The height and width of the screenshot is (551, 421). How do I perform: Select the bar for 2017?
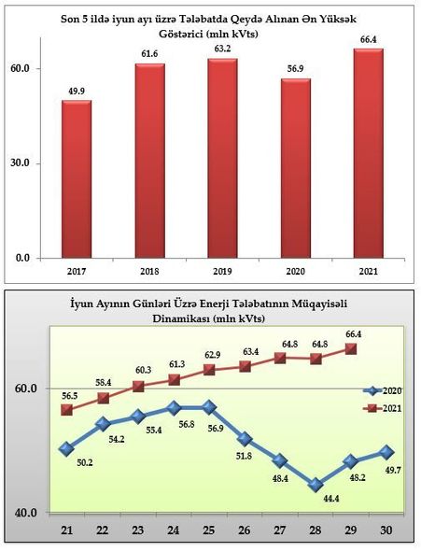[x=77, y=179]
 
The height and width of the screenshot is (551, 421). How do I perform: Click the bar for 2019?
[x=222, y=159]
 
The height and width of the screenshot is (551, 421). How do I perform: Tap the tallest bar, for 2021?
[x=369, y=153]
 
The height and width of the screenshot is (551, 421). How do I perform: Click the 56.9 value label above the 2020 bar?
[x=295, y=69]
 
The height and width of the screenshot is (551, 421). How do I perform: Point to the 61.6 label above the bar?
[x=149, y=54]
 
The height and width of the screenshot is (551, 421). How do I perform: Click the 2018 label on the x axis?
[x=149, y=271]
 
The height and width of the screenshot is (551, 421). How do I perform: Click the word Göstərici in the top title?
[x=180, y=35]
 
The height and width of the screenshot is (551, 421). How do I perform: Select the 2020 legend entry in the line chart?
[x=383, y=390]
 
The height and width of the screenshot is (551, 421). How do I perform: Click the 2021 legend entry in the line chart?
[x=383, y=408]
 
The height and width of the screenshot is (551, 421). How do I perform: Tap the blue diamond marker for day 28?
[x=316, y=485]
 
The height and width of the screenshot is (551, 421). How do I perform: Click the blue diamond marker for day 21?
[x=66, y=449]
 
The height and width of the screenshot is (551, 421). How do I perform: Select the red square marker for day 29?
[x=351, y=349]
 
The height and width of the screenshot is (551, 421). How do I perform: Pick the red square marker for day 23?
[x=138, y=387]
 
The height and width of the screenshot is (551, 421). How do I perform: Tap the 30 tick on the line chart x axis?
[x=386, y=530]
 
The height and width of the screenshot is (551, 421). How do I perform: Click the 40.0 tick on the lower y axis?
[x=25, y=513]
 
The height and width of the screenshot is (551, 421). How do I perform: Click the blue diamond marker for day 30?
[x=386, y=452]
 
